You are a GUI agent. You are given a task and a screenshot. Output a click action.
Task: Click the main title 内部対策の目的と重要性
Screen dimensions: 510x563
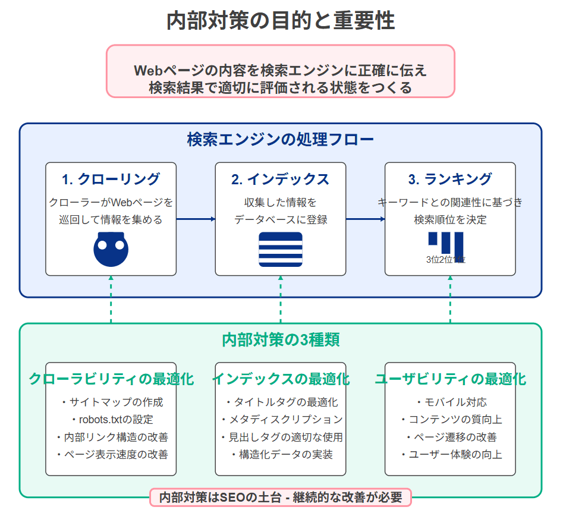[281, 21]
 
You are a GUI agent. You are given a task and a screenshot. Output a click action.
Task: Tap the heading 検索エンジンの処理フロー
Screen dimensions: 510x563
[281, 140]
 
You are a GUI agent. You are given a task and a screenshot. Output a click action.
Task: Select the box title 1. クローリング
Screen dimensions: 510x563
[111, 179]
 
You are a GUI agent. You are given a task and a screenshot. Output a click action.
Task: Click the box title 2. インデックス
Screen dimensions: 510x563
[281, 179]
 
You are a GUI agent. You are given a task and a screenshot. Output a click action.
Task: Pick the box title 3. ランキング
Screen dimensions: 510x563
[450, 179]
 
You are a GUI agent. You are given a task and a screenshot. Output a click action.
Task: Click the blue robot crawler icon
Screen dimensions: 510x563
[111, 249]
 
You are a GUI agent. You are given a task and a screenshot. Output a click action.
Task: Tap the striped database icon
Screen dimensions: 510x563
[281, 249]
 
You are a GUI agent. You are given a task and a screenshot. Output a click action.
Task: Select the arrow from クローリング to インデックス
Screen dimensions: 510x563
[196, 219]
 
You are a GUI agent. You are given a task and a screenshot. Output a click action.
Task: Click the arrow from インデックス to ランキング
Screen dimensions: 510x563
[365, 219]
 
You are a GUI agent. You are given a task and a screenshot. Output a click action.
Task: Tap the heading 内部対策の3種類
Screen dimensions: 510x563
[281, 340]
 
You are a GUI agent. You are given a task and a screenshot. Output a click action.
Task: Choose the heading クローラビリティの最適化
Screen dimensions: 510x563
[111, 379]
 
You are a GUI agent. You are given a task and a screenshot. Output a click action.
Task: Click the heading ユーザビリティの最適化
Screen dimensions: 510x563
[450, 379]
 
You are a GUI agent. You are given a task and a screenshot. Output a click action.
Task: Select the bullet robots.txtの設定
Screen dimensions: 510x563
[111, 420]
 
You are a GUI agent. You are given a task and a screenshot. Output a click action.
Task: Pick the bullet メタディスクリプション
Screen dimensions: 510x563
[281, 420]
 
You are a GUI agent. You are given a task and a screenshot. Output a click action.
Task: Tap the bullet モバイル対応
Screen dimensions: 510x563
[450, 402]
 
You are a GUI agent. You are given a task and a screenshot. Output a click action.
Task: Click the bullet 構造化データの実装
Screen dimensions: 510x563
[281, 455]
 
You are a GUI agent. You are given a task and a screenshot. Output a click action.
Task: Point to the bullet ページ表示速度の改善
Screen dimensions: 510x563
[111, 455]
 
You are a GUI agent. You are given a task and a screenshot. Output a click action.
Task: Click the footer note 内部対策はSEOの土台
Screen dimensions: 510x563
[281, 497]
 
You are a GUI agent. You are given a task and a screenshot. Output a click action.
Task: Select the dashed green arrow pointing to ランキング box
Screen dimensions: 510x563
[450, 300]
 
